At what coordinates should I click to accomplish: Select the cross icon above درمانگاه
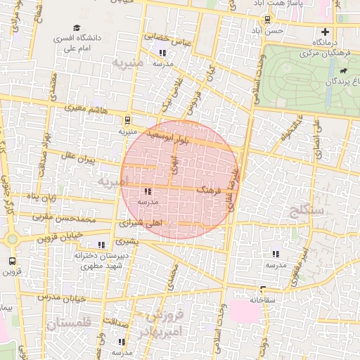324,32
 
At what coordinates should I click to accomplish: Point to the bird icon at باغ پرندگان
342,71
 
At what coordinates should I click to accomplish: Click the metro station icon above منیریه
127,120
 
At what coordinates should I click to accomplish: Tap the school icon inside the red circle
148,191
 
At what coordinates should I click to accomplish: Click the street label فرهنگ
209,190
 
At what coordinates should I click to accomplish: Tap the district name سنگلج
310,209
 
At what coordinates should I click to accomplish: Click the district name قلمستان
67,325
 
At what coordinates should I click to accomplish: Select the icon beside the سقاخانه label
262,289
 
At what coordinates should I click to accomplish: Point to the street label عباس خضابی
168,39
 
